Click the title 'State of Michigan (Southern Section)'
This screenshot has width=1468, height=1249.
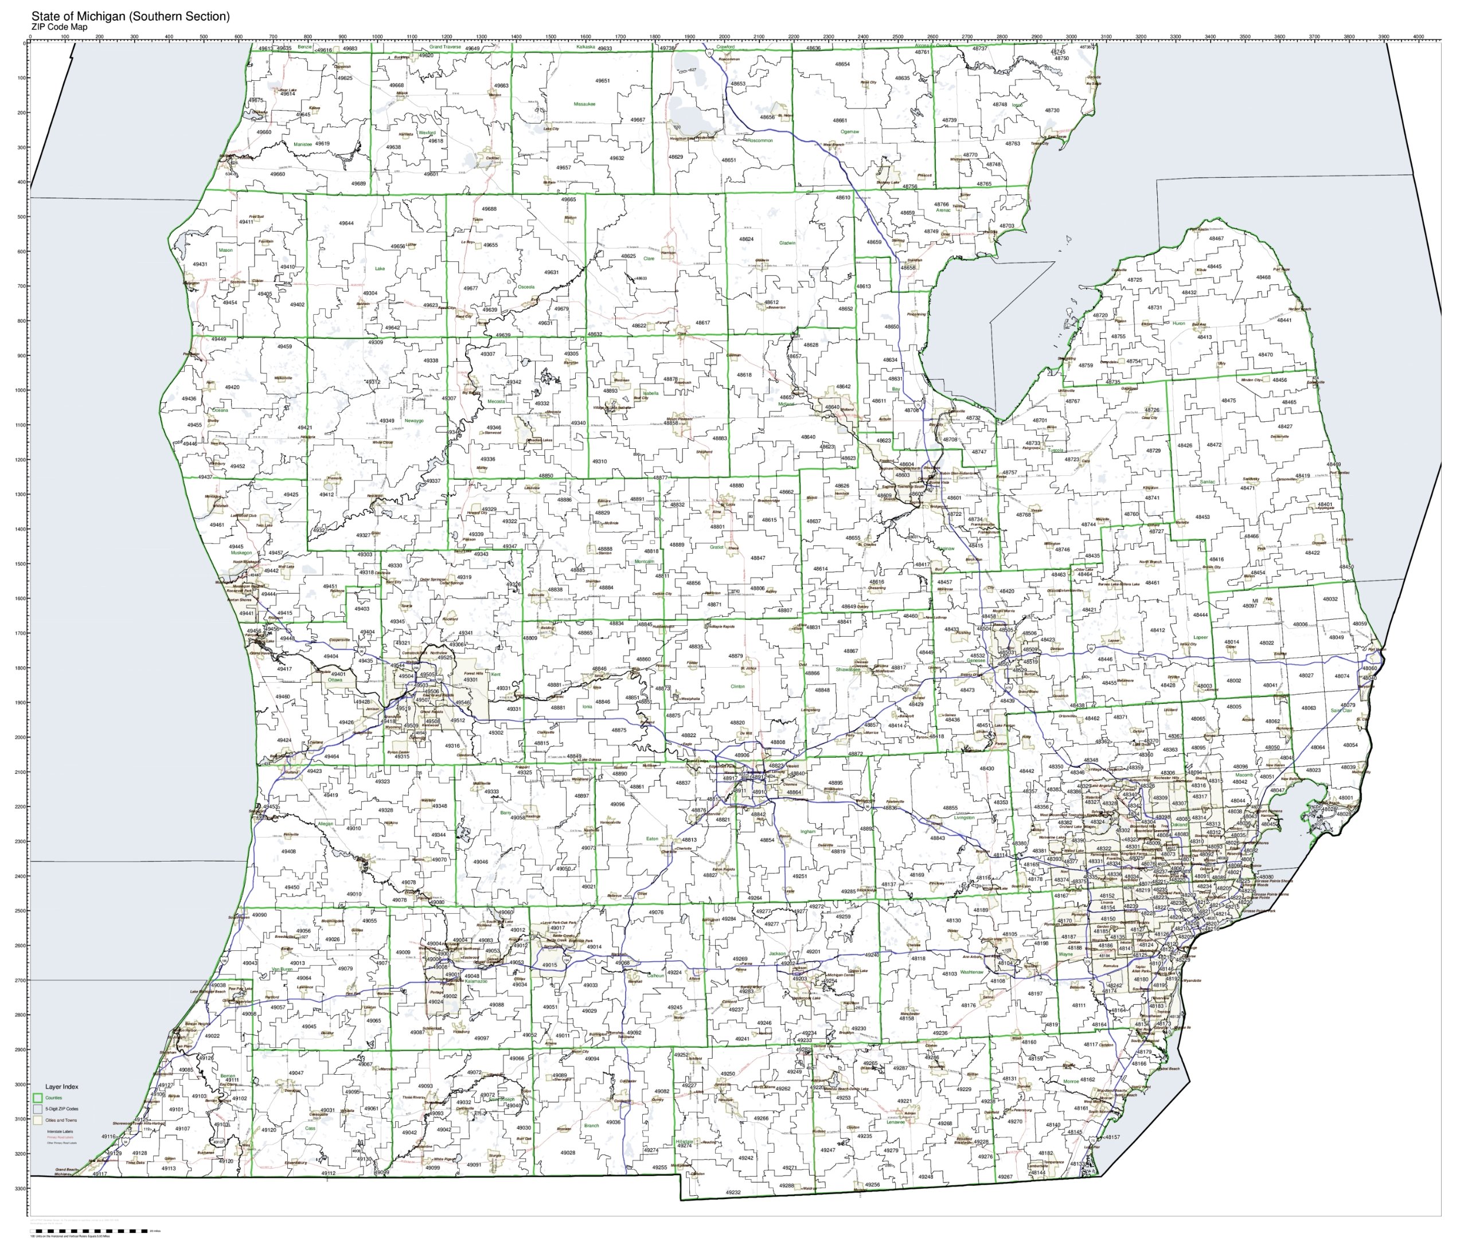[x=130, y=16]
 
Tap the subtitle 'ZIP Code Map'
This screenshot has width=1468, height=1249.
[x=60, y=27]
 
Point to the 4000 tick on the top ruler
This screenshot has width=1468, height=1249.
[x=1419, y=40]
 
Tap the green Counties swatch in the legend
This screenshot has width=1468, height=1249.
[x=37, y=1098]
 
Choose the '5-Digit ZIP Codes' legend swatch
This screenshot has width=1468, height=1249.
[x=37, y=1109]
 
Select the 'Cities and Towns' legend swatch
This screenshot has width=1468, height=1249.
[x=37, y=1120]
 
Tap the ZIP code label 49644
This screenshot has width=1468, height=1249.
[x=346, y=223]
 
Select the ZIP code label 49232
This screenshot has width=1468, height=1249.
[x=733, y=1192]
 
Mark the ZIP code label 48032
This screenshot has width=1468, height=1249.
[x=1330, y=599]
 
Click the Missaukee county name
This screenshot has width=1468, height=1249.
[x=584, y=104]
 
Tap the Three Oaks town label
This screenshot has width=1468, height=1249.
[x=135, y=1162]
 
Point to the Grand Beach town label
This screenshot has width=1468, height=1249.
[x=67, y=1170]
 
